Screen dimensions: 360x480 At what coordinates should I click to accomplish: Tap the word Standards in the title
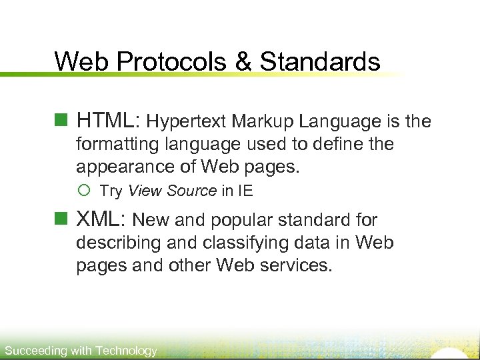pos(320,62)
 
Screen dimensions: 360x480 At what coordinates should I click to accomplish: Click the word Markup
pos(263,122)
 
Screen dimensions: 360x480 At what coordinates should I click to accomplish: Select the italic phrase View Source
pos(172,191)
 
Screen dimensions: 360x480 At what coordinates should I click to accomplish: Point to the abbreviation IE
pos(245,191)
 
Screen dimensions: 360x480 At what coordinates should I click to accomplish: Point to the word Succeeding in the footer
pos(35,351)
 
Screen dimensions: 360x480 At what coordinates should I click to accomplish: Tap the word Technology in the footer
pos(127,351)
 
